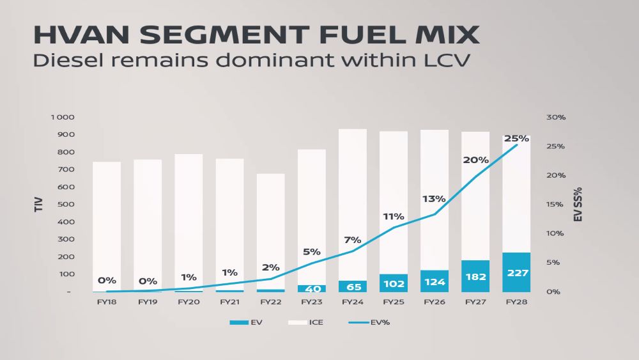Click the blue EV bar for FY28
(516, 272)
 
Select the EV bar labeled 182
(475, 276)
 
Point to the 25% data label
(516, 138)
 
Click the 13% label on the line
(434, 199)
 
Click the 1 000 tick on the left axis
(63, 118)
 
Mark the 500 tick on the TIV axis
(66, 205)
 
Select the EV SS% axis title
(578, 205)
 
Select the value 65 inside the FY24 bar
(353, 286)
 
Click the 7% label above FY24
(353, 240)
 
